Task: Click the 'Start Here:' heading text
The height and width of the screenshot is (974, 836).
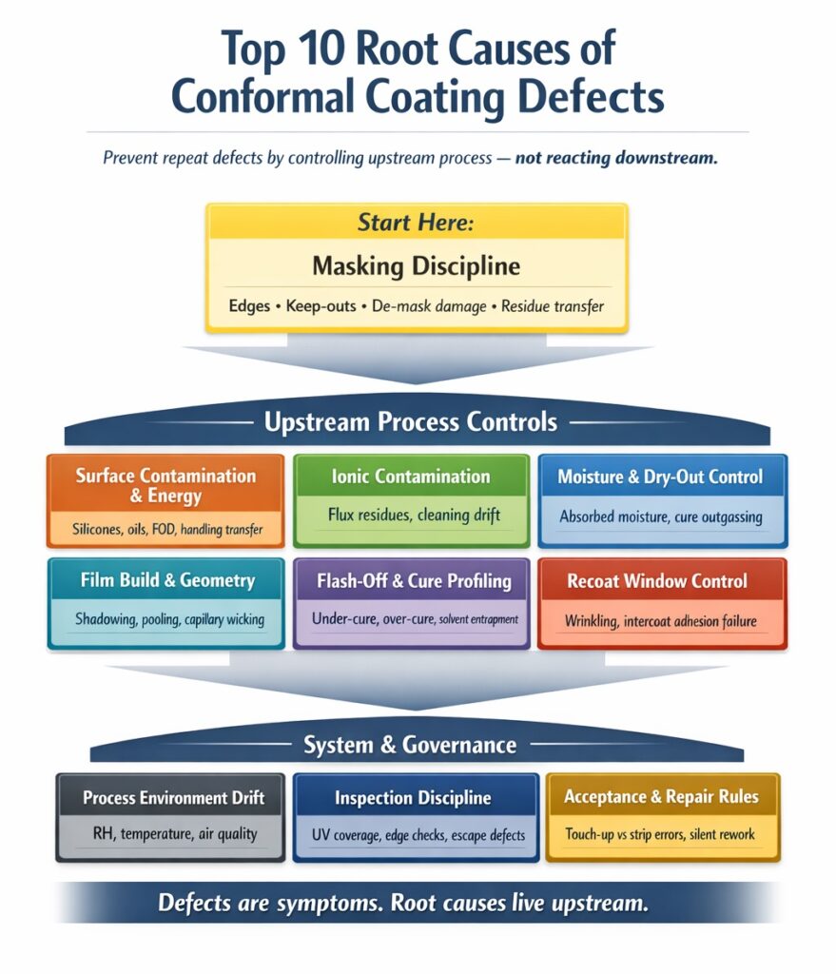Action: [x=416, y=224]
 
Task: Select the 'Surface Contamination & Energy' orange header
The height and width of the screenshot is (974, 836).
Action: [x=165, y=485]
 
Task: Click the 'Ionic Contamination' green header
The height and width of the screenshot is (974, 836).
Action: [x=411, y=477]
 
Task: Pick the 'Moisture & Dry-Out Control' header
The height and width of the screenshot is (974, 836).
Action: [x=660, y=477]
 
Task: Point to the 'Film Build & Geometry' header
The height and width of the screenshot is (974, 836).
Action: [x=165, y=580]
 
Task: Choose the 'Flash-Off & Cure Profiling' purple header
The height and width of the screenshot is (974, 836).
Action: [x=411, y=580]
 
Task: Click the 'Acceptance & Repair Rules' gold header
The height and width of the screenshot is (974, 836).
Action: [x=661, y=796]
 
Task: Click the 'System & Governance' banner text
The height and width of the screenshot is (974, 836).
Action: [x=410, y=745]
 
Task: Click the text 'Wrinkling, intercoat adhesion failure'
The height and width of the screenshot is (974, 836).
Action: [x=660, y=621]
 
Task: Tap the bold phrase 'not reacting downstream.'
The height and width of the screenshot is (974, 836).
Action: [x=615, y=158]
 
